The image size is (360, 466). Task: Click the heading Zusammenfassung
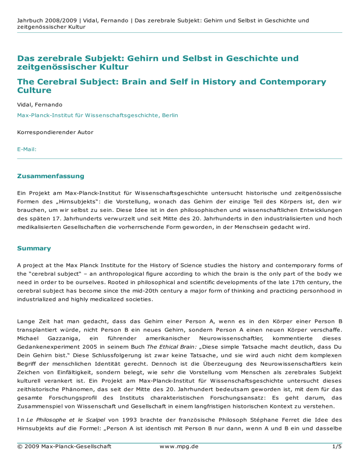click(50, 176)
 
